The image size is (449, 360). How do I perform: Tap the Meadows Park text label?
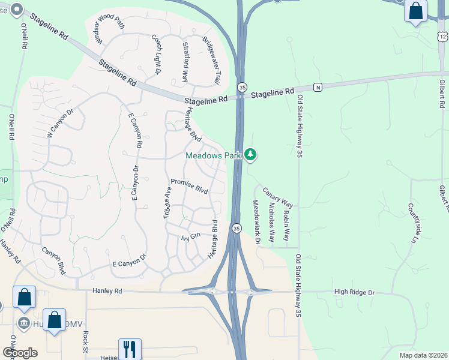tap(212, 155)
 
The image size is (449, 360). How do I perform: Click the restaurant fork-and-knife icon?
tap(130, 348)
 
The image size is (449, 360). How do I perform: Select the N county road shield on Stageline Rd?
tap(318, 87)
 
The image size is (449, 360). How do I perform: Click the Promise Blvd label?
tap(189, 186)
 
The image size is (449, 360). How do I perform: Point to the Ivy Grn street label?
tap(190, 237)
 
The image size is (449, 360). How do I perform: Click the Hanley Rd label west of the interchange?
tap(107, 290)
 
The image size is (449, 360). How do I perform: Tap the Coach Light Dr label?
tap(157, 55)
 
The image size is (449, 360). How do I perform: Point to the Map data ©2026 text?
tap(423, 355)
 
